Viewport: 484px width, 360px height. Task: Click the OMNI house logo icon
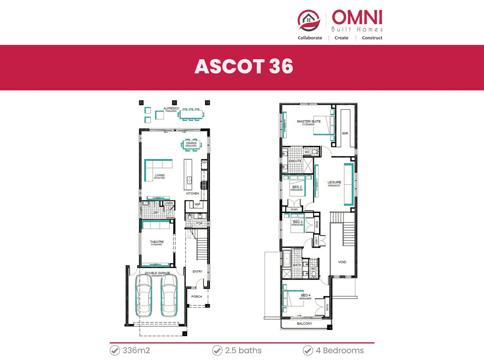(x=309, y=21)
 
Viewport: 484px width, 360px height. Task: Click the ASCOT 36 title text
(x=244, y=66)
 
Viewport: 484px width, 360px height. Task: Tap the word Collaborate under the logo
(x=310, y=38)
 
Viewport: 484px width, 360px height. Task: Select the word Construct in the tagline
(x=372, y=38)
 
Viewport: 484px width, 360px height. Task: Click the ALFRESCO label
(x=171, y=108)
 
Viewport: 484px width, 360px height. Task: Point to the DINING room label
(x=191, y=143)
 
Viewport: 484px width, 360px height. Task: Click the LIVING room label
(x=159, y=175)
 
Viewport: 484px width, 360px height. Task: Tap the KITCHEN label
(x=192, y=193)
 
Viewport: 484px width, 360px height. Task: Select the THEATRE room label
(x=157, y=242)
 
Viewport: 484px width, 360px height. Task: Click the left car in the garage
(x=144, y=296)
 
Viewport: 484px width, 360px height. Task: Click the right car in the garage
(x=169, y=296)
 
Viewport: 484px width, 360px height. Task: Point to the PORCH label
(x=197, y=296)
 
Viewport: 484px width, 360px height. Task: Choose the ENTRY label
(x=197, y=272)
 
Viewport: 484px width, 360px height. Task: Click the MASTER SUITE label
(x=309, y=122)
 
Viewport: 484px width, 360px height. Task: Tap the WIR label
(x=345, y=133)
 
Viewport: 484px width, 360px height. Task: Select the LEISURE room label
(x=334, y=182)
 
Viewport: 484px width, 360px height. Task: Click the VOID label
(x=342, y=262)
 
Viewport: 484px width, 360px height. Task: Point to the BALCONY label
(x=304, y=324)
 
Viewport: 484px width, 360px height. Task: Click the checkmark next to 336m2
(x=115, y=351)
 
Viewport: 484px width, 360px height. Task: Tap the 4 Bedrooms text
(x=340, y=351)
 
